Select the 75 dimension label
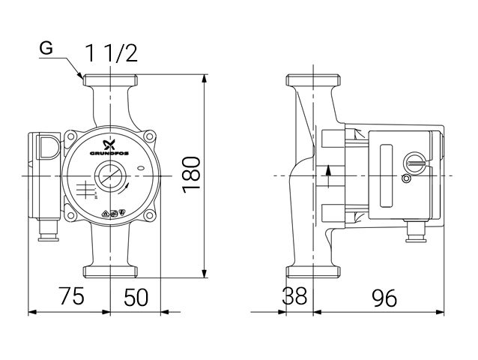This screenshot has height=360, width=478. click(x=71, y=297)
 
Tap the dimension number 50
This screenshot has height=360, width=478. click(x=135, y=297)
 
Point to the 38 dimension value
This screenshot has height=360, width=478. click(x=295, y=297)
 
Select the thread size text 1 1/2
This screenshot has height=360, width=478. click(x=111, y=52)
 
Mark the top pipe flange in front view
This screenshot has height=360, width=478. click(x=111, y=80)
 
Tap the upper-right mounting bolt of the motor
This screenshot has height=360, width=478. click(x=150, y=137)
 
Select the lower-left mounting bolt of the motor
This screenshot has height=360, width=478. click(x=70, y=216)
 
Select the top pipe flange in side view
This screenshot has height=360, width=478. click(x=315, y=79)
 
